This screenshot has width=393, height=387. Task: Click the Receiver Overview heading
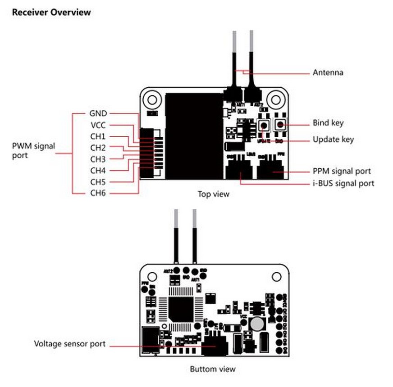coord(51,12)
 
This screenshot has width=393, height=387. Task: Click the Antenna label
coord(328,72)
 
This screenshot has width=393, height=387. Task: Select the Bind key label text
coord(328,123)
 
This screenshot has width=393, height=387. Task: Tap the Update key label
coord(333,139)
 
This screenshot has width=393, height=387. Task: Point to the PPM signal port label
coord(342,171)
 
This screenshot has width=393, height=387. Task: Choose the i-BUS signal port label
coord(343,183)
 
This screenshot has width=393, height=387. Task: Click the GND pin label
coord(98,114)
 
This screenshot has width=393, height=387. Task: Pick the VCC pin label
coord(98,125)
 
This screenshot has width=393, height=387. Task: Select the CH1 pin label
coord(98,136)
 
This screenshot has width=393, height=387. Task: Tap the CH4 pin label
coord(98,171)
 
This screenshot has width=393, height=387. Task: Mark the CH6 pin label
coord(98,193)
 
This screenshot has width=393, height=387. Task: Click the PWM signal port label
coord(33,150)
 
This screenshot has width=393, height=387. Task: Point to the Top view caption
coord(213,194)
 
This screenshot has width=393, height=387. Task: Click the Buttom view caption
coord(212,369)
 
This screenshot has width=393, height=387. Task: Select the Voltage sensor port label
coord(70,344)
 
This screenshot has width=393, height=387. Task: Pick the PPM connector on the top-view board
coord(271,170)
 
